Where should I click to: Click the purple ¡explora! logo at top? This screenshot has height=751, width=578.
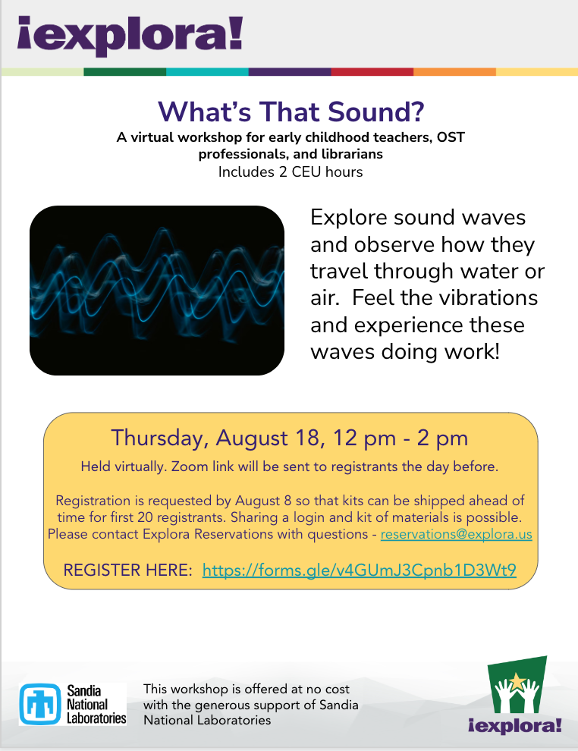(130, 36)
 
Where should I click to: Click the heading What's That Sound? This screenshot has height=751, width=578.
(291, 111)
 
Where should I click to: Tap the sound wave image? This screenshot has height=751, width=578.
(157, 291)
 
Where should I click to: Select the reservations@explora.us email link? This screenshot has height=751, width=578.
(457, 534)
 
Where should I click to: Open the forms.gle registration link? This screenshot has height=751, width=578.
(359, 570)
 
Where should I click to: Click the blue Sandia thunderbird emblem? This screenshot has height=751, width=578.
(40, 704)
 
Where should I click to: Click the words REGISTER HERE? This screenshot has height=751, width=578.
(127, 570)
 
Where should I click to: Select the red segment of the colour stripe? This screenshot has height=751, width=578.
(372, 72)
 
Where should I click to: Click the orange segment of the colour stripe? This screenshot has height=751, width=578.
(454, 72)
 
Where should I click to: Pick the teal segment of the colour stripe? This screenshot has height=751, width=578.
(207, 72)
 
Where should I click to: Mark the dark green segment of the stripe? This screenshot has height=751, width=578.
(125, 72)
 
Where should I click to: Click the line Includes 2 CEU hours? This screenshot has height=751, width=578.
(291, 172)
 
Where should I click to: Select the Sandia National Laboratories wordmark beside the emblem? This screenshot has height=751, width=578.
(96, 704)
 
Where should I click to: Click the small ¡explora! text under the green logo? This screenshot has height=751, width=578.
(515, 724)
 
